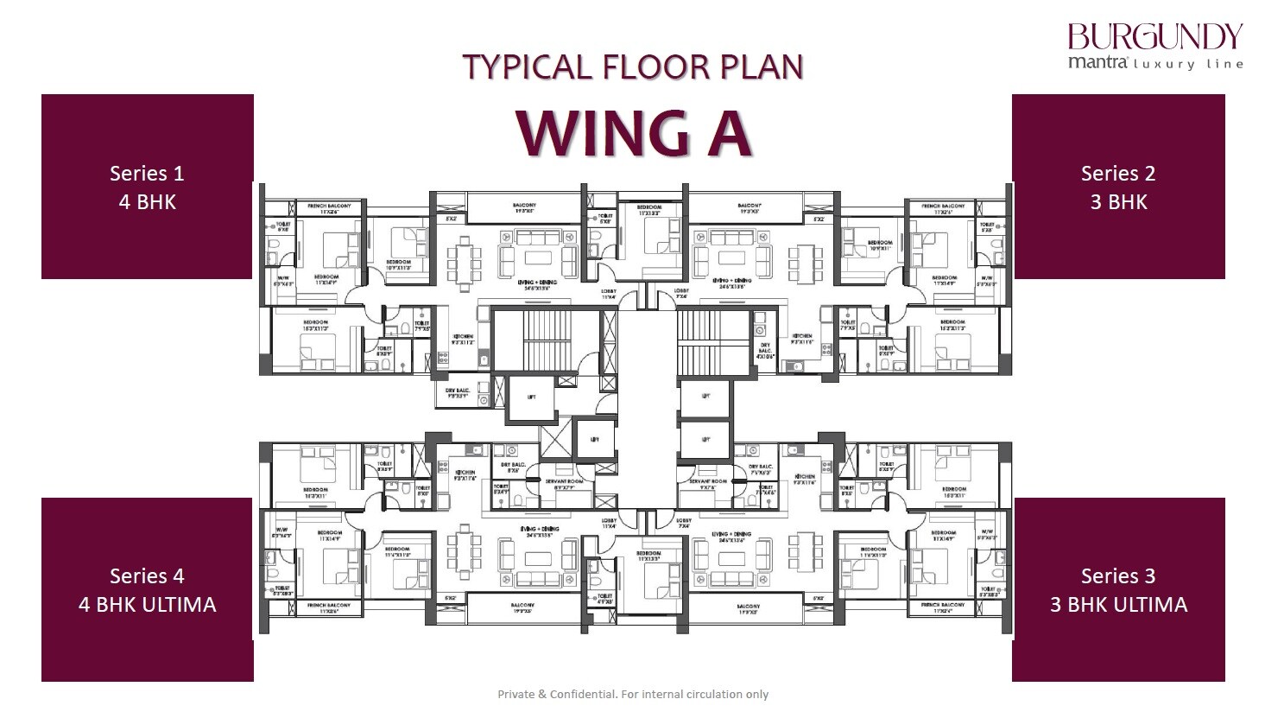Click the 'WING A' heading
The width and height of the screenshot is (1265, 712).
633,135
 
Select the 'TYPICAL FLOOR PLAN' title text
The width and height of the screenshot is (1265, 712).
633,67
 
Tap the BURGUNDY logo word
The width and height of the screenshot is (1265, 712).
1154,37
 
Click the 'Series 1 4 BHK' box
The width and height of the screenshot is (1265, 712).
147,187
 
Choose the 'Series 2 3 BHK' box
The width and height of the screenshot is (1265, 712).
1117,187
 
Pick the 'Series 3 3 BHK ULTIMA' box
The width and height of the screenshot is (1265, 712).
1117,589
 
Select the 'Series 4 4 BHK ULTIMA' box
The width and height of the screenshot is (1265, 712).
147,589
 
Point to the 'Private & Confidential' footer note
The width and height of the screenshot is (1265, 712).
633,694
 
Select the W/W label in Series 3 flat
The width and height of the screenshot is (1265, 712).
986,533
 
